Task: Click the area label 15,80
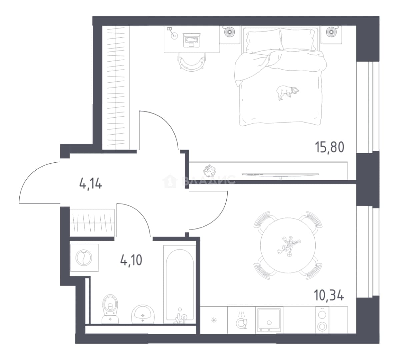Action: tap(329, 148)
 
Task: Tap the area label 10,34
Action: tap(329, 295)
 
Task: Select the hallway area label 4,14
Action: tap(91, 183)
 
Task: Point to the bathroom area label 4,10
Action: tap(131, 260)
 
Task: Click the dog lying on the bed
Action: tap(287, 92)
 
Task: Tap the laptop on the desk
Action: tap(191, 40)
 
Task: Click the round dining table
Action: tap(288, 245)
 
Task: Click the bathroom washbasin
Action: tap(143, 314)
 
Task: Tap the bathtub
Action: tap(180, 285)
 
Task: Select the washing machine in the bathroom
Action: tap(84, 258)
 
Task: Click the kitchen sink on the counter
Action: tap(269, 320)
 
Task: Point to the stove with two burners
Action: tap(322, 320)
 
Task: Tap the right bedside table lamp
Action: tap(331, 31)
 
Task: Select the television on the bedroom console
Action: tap(280, 175)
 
